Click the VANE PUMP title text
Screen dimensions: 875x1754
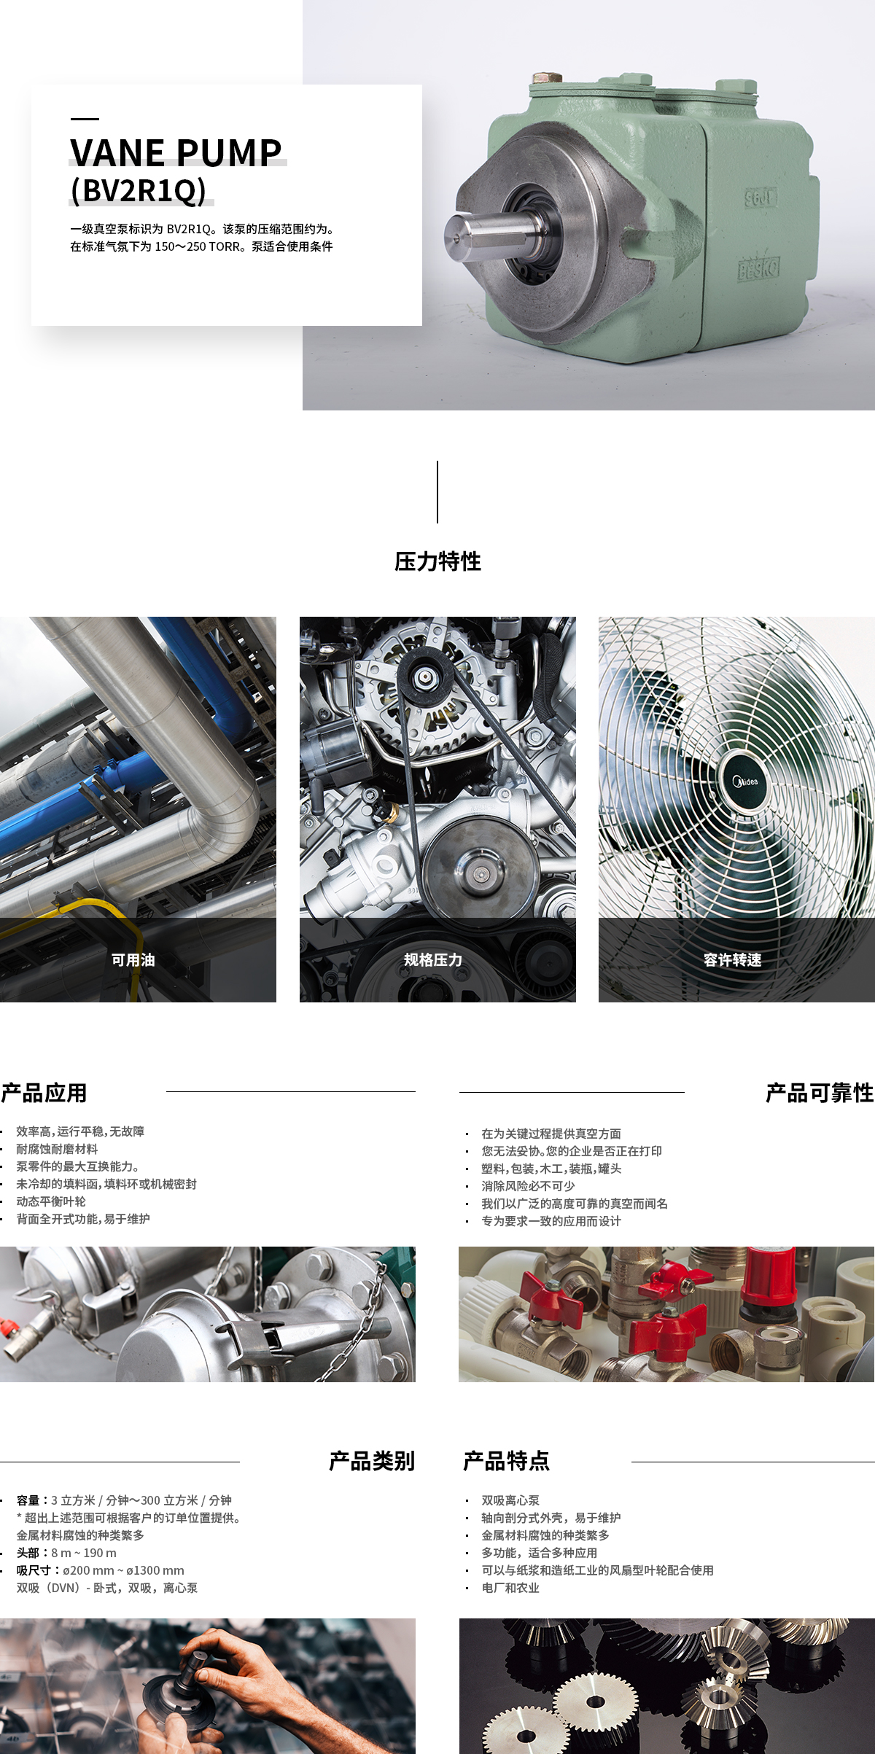coord(176,152)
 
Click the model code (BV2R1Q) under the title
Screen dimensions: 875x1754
coord(139,190)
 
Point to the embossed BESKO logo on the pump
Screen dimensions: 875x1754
coord(758,269)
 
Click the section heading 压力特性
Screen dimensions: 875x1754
coord(437,561)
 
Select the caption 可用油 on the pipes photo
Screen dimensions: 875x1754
coord(133,960)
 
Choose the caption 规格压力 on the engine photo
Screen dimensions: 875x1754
coord(433,960)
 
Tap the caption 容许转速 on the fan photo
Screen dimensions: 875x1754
coord(732,960)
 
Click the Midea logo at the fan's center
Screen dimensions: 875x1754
coord(745,781)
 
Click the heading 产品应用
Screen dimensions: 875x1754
coord(44,1093)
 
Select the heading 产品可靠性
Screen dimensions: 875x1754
coord(820,1093)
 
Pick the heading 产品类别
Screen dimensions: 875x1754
coord(372,1461)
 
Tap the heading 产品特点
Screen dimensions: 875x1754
coord(507,1461)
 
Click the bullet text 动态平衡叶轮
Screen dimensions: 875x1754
coord(51,1201)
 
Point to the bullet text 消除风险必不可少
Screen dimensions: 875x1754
coord(528,1186)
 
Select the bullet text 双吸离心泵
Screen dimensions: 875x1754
coord(510,1500)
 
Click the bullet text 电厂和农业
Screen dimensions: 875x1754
coord(510,1588)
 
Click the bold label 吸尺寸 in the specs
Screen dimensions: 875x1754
coord(34,1570)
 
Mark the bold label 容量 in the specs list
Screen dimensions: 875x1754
coord(28,1500)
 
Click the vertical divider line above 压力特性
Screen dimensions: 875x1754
coord(437,492)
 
